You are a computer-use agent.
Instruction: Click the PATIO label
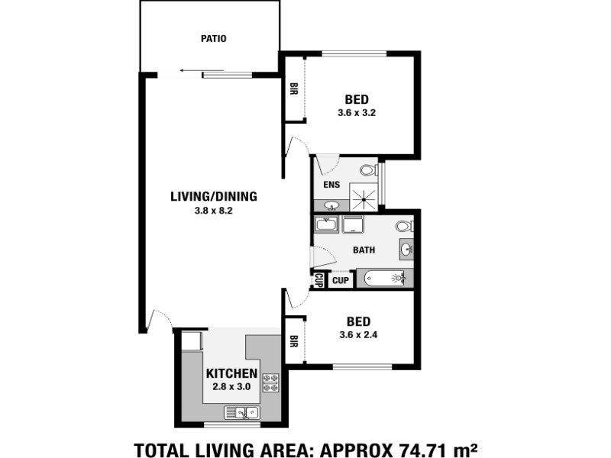pyautogui.click(x=214, y=39)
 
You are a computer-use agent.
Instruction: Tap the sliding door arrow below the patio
pyautogui.click(x=202, y=70)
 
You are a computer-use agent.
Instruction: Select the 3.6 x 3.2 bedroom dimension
pyautogui.click(x=357, y=113)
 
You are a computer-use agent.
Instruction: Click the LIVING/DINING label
pyautogui.click(x=214, y=196)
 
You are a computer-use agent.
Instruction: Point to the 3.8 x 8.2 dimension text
pyautogui.click(x=214, y=211)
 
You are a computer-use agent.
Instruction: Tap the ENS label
pyautogui.click(x=331, y=185)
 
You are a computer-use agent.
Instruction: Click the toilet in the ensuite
pyautogui.click(x=369, y=169)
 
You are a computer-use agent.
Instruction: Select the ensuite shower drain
pyautogui.click(x=364, y=199)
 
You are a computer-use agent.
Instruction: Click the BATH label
pyautogui.click(x=364, y=250)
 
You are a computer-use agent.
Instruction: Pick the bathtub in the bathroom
pyautogui.click(x=385, y=278)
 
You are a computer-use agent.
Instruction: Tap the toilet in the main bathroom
pyautogui.click(x=405, y=226)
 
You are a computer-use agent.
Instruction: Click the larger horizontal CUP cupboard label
pyautogui.click(x=341, y=280)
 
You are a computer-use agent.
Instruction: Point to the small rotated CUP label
pyautogui.click(x=318, y=280)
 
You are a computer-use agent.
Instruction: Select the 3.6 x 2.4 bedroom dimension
pyautogui.click(x=358, y=335)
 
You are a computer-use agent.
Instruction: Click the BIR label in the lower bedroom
pyautogui.click(x=294, y=341)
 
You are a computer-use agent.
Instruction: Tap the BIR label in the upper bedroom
pyautogui.click(x=294, y=89)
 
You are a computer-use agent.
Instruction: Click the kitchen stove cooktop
pyautogui.click(x=271, y=382)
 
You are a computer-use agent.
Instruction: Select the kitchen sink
pyautogui.click(x=242, y=412)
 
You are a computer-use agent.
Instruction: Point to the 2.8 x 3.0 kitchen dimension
pyautogui.click(x=231, y=387)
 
